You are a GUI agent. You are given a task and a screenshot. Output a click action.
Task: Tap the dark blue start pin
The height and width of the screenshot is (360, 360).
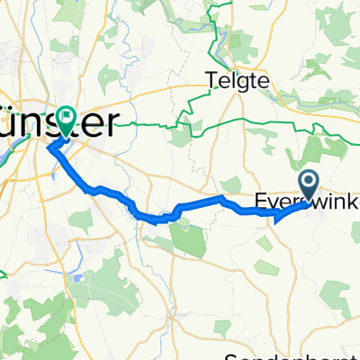pos(309,184)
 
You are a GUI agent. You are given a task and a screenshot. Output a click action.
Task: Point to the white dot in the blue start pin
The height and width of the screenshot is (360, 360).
pos(309,180)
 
